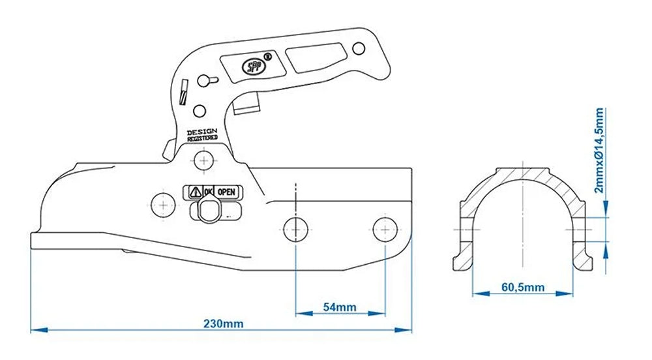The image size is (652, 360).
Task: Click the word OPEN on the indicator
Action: pos(226,192)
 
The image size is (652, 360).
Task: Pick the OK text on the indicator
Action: pos(208,192)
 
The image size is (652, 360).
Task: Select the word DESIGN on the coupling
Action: pos(202,132)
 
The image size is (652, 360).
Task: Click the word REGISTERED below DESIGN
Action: pos(203,139)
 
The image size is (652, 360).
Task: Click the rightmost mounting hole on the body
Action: pos(385,228)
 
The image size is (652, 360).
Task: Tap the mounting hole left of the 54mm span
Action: pos(295,228)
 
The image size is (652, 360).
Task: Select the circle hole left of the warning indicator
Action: pos(161,203)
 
